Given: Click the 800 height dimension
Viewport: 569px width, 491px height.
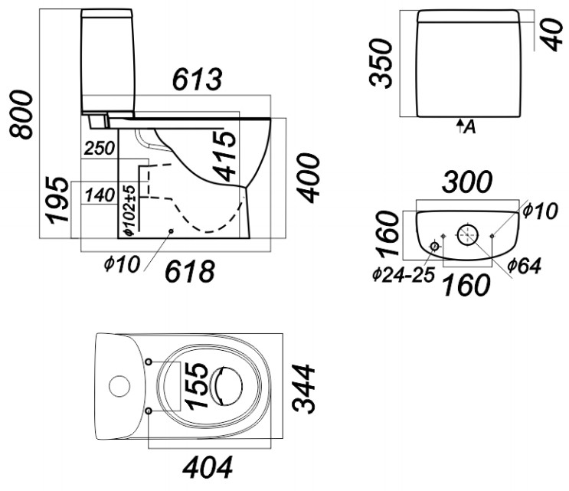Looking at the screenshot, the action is point(21,115).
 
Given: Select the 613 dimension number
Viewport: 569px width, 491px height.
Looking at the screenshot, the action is point(197,79).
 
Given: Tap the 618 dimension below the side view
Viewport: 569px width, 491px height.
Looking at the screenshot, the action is point(190,271).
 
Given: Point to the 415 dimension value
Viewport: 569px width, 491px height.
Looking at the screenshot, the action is point(224,156).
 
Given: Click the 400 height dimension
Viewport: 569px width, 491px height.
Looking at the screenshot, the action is point(309,178).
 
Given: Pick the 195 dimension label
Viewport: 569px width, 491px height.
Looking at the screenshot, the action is point(57,200).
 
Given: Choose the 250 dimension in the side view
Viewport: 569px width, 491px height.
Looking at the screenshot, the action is point(99,148).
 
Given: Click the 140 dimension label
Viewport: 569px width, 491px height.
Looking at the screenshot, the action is point(100,195).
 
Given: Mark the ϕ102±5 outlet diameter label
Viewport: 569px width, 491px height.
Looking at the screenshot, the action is point(129,210).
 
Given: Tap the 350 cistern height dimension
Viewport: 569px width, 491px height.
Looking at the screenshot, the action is point(381,63).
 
